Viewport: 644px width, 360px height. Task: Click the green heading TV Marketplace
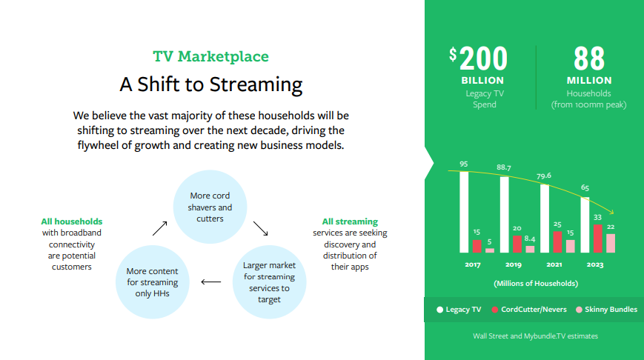(210, 57)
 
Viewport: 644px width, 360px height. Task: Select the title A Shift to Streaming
(210, 84)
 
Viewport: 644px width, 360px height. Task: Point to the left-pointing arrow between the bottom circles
(211, 281)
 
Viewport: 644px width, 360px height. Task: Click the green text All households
(72, 221)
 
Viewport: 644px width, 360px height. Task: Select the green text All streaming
(350, 221)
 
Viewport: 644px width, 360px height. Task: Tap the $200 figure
(479, 59)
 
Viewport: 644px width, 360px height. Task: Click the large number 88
(588, 59)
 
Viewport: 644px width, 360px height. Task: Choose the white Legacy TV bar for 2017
(465, 212)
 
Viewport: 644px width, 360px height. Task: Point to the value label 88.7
(504, 167)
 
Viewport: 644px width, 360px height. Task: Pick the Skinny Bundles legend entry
(605, 310)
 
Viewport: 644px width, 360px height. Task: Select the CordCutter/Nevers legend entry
(528, 310)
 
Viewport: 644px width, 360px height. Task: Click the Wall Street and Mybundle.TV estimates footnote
(535, 336)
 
